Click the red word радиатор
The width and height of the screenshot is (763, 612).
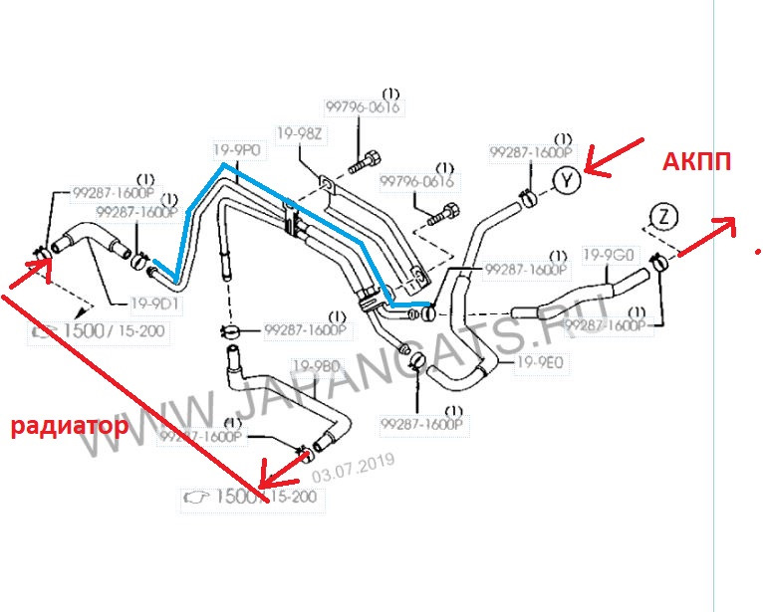click(69, 427)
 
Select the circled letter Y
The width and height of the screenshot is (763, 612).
click(566, 180)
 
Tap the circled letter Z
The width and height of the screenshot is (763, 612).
click(663, 216)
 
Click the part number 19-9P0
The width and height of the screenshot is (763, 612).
click(237, 150)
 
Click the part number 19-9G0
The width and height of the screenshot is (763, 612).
click(609, 255)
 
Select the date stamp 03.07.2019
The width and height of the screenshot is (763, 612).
click(354, 465)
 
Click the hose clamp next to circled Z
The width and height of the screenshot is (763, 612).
click(657, 262)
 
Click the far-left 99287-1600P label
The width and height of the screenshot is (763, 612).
click(114, 192)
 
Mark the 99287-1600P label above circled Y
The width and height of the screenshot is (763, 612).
click(531, 152)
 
